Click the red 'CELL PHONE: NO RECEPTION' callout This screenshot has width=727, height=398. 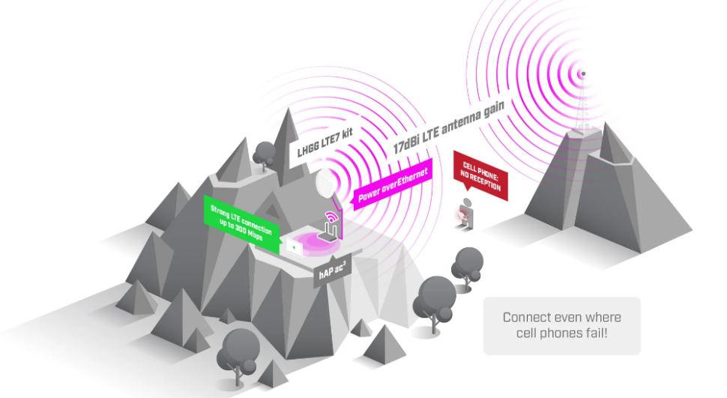pos(480,177)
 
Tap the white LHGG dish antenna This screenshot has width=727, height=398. pos(328,184)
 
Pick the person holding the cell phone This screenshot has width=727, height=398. pos(466,211)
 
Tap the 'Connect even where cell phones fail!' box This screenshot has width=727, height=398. pos(561,325)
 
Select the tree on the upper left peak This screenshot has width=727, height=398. pos(263,154)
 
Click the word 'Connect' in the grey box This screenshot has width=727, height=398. pos(529,317)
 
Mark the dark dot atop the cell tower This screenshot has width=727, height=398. pos(583,73)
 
